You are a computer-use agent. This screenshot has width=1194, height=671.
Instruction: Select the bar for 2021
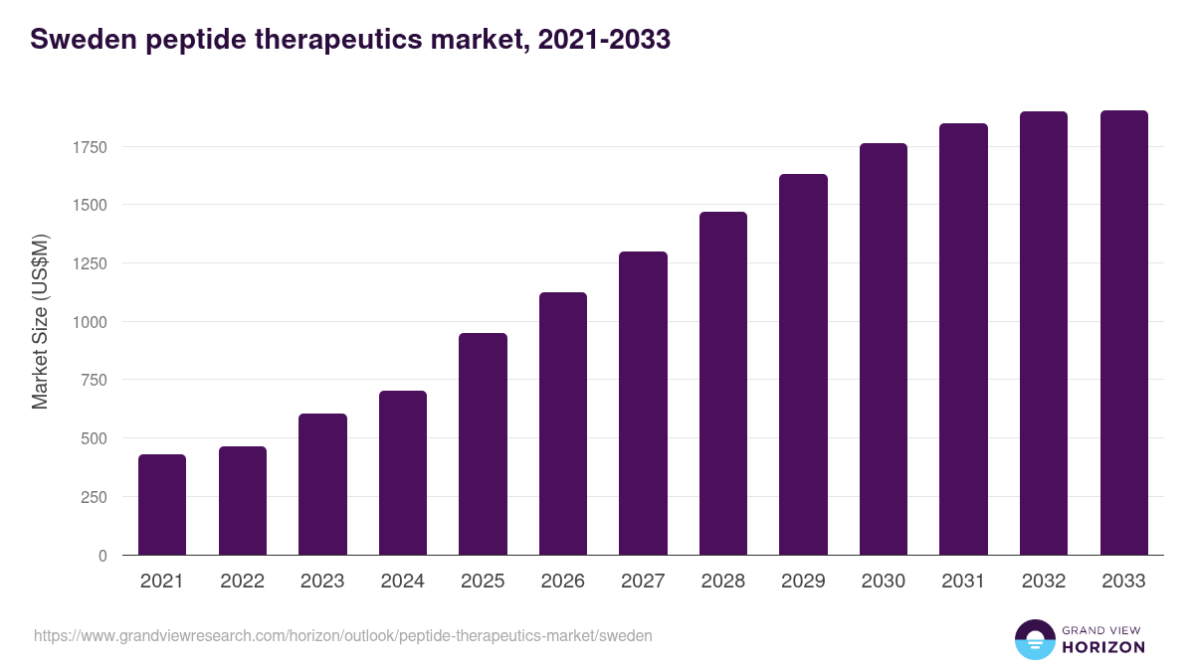coord(162,505)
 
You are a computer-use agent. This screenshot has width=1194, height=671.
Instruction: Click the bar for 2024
coord(403,473)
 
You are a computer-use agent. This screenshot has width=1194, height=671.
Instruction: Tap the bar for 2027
coord(643,404)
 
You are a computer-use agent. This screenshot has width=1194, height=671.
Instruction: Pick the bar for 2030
coord(884,349)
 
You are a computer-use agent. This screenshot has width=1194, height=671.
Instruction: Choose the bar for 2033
coord(1123,333)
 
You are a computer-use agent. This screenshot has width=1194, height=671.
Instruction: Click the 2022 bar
coord(243,501)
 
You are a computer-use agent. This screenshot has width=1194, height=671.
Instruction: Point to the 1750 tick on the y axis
coord(89,147)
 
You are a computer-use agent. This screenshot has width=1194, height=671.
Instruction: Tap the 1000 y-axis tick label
coord(89,322)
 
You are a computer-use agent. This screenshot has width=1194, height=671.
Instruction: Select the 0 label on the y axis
coord(101,556)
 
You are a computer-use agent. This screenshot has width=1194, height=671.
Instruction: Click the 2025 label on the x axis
coord(483,582)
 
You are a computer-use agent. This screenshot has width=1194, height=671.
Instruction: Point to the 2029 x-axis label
coord(803,582)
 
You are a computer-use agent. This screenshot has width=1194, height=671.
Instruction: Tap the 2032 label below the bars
coord(1044,582)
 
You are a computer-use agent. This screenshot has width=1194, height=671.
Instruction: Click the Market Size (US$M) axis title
coord(41,321)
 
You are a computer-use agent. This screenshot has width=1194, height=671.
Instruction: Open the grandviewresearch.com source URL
coord(342,635)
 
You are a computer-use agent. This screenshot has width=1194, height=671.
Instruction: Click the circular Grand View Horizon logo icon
coord(1034,639)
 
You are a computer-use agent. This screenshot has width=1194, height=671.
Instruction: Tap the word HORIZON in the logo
coord(1103,647)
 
